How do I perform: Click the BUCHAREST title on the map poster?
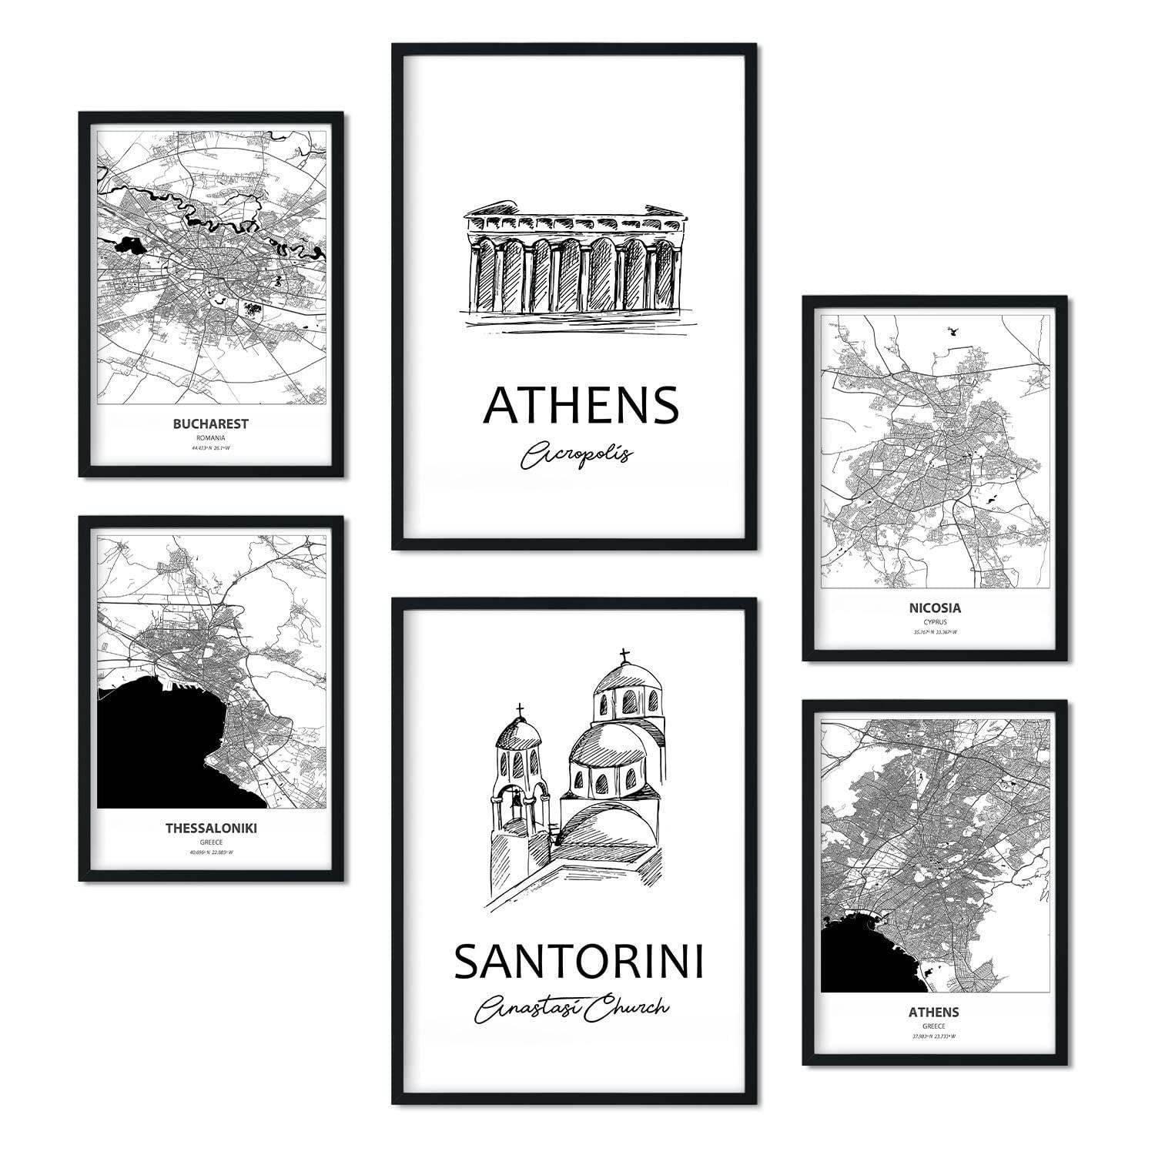(x=210, y=423)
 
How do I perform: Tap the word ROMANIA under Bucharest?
(x=210, y=437)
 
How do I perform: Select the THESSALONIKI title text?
(x=211, y=829)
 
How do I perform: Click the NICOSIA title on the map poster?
(x=935, y=608)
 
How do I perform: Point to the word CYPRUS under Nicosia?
(x=936, y=621)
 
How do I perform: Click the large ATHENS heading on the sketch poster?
(x=581, y=406)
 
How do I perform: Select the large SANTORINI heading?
(x=578, y=962)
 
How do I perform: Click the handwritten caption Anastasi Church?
(x=572, y=1009)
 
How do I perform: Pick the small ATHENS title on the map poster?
(x=935, y=1011)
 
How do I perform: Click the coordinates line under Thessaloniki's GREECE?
(x=211, y=852)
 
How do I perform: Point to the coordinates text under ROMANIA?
(x=210, y=447)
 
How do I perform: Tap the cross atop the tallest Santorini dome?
(x=624, y=655)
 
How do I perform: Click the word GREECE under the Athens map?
(x=935, y=1026)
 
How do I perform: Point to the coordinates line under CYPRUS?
(x=935, y=632)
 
